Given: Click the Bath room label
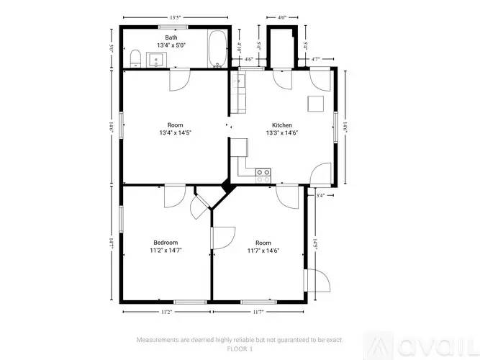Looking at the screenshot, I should [x=171, y=37].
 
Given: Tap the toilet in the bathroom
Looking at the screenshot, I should [x=135, y=58].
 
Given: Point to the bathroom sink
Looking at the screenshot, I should [x=158, y=60].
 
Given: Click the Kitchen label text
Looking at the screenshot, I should [x=281, y=125].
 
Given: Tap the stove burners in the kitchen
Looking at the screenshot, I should [x=263, y=173].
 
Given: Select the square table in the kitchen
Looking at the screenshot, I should [x=316, y=103].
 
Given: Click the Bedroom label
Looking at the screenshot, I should [x=166, y=243].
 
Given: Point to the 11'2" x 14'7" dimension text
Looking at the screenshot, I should [x=166, y=251].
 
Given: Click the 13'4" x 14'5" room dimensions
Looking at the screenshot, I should [x=175, y=133].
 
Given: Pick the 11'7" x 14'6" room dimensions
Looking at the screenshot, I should [x=263, y=251].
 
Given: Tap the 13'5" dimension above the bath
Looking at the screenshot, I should [x=175, y=17].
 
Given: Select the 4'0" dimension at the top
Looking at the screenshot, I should [x=281, y=17].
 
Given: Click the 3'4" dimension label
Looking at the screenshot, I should [x=320, y=195].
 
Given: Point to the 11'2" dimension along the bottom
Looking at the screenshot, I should [x=166, y=312].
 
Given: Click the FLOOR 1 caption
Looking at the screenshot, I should [x=240, y=348].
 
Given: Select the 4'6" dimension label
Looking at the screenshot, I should [x=249, y=59].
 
